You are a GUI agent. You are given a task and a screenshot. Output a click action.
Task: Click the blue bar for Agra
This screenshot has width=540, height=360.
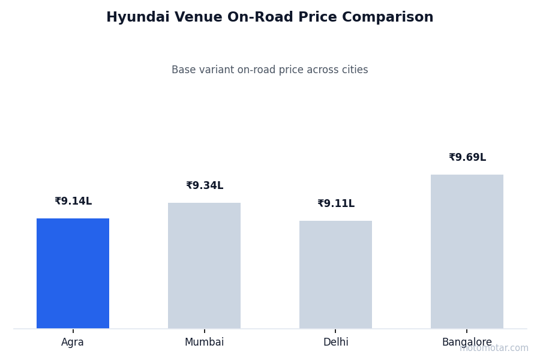(x=73, y=273)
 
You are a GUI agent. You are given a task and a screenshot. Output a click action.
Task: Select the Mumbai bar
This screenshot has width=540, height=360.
(x=204, y=265)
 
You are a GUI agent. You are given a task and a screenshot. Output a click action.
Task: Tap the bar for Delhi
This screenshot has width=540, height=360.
(x=335, y=274)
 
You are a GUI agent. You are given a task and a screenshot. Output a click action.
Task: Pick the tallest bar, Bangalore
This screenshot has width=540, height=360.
(x=467, y=251)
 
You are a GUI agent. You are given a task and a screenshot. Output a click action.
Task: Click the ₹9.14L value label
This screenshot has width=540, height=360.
(x=73, y=202)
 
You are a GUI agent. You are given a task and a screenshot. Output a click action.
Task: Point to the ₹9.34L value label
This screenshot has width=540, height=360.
(x=205, y=186)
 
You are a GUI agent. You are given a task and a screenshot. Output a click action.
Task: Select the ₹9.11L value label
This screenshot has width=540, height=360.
(x=336, y=204)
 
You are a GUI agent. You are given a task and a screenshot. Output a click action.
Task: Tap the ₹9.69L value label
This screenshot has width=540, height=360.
(x=467, y=158)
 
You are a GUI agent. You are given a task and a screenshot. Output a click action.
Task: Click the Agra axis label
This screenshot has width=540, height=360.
(x=73, y=343)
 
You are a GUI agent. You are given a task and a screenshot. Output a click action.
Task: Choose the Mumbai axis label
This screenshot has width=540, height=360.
(x=204, y=343)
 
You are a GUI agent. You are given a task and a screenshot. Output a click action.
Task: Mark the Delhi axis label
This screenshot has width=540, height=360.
(x=335, y=343)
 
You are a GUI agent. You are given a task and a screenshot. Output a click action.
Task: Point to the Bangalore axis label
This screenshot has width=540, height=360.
(x=466, y=343)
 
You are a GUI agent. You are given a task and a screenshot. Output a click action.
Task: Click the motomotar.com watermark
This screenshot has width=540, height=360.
(x=494, y=348)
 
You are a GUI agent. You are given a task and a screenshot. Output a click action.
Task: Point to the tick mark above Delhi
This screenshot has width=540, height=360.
(x=335, y=331)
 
